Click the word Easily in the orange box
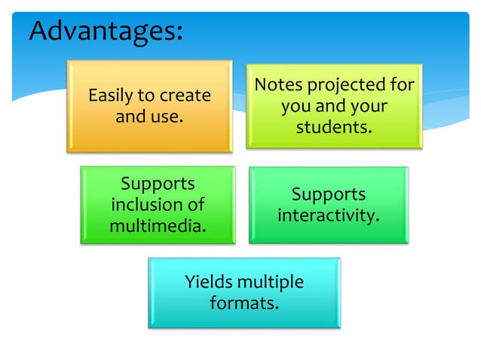[x=110, y=96]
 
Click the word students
[x=334, y=127]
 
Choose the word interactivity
[x=328, y=215]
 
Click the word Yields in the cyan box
[x=208, y=283]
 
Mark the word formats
[x=244, y=304]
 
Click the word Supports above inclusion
[x=158, y=184]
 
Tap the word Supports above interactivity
[x=328, y=194]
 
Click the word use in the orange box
[x=171, y=117]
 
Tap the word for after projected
[x=402, y=85]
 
